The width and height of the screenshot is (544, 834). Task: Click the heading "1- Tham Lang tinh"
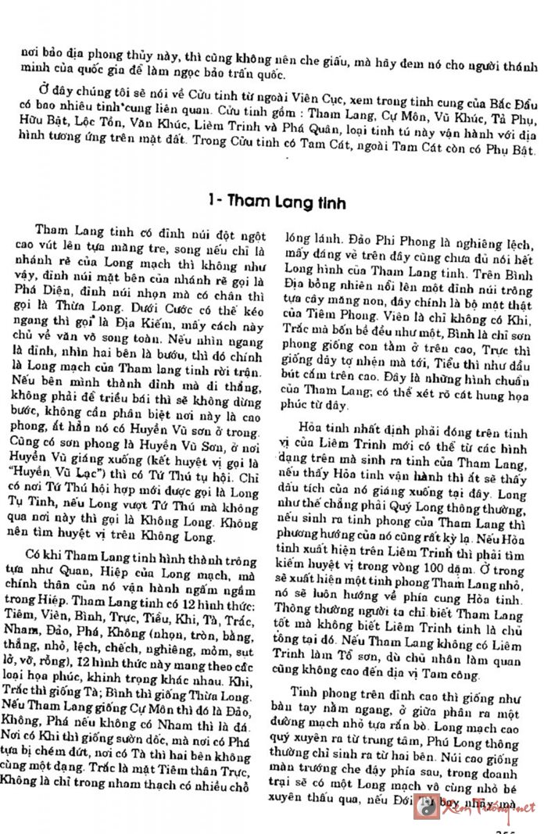coord(272,201)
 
